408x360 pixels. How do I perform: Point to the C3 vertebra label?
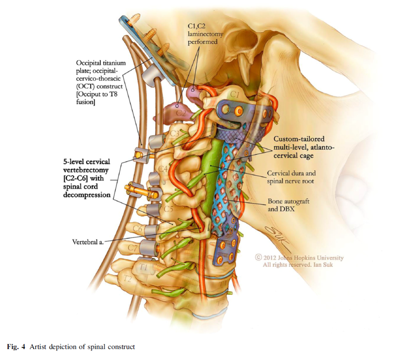(175, 133)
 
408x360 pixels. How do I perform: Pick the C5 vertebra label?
(168, 208)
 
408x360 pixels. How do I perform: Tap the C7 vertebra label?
(132, 247)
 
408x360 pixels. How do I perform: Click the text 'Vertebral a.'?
(88, 241)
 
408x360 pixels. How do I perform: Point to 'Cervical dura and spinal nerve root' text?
(291, 177)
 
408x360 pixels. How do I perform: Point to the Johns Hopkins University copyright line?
(299, 258)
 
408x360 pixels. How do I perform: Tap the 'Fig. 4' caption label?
(16, 346)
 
